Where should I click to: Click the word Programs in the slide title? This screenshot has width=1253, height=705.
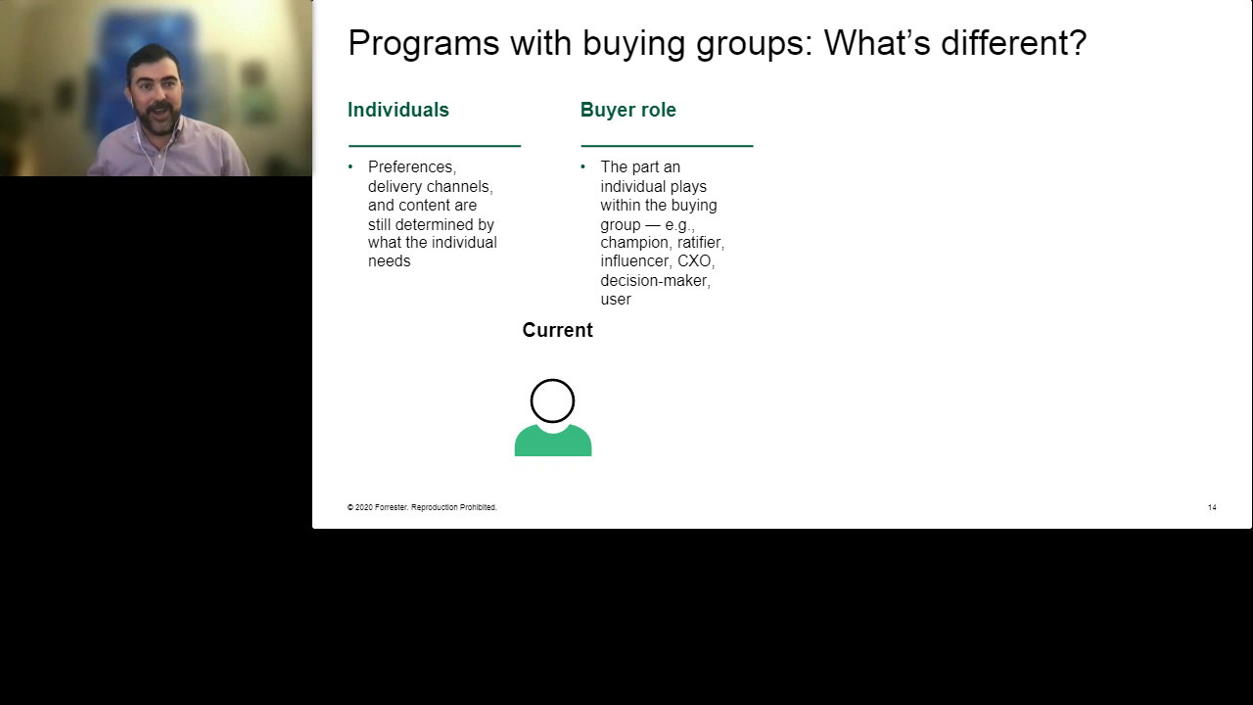click(410, 44)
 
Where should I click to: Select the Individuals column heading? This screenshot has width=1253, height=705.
click(398, 110)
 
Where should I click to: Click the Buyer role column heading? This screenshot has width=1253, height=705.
click(627, 110)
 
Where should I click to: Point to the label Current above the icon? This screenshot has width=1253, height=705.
click(557, 330)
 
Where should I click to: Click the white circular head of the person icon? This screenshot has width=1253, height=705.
click(552, 401)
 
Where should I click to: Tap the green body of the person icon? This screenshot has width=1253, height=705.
click(553, 443)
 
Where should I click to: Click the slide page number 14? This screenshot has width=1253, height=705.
click(1212, 507)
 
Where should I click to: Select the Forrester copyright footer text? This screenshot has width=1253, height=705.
click(422, 507)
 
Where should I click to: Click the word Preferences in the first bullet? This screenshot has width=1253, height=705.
click(411, 167)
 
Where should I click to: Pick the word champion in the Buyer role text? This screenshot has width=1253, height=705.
click(635, 243)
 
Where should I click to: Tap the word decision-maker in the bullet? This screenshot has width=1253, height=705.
click(655, 281)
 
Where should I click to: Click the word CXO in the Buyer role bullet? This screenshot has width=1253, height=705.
click(694, 261)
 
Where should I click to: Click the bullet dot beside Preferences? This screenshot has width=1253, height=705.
click(350, 166)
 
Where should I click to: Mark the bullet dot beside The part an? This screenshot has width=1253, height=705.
click(583, 166)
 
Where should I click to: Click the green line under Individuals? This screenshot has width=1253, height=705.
click(434, 146)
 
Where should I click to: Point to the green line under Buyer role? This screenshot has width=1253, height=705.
click(667, 146)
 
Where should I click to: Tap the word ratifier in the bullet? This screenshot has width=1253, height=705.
click(700, 243)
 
